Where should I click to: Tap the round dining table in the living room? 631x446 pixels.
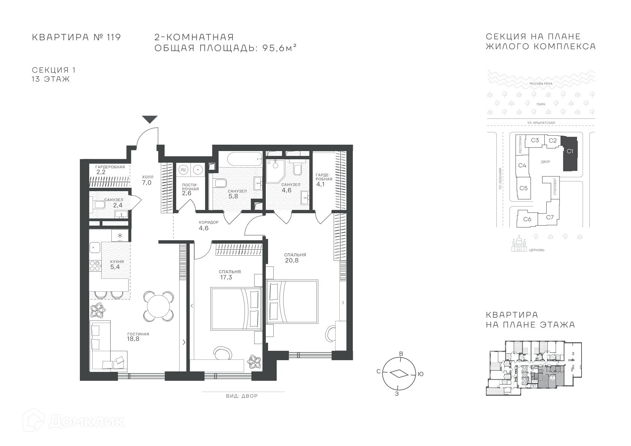(159, 306)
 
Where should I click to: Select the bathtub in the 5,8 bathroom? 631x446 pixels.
(245, 159)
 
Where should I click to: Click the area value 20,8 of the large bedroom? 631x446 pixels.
(292, 260)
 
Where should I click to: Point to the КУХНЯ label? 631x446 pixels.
(117, 262)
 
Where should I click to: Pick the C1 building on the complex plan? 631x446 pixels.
(570, 154)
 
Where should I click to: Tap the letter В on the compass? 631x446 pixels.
(401, 354)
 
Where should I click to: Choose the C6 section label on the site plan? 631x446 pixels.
(528, 219)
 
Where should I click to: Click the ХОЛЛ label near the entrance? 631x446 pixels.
(148, 177)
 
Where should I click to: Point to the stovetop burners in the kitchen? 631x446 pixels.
(95, 266)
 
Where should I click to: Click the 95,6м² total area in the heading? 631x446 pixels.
(279, 48)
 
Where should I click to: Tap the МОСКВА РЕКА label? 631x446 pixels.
(541, 84)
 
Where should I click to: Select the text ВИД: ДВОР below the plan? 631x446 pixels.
(242, 396)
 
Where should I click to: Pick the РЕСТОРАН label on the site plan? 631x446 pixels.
(520, 145)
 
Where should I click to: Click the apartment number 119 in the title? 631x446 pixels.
(114, 37)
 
